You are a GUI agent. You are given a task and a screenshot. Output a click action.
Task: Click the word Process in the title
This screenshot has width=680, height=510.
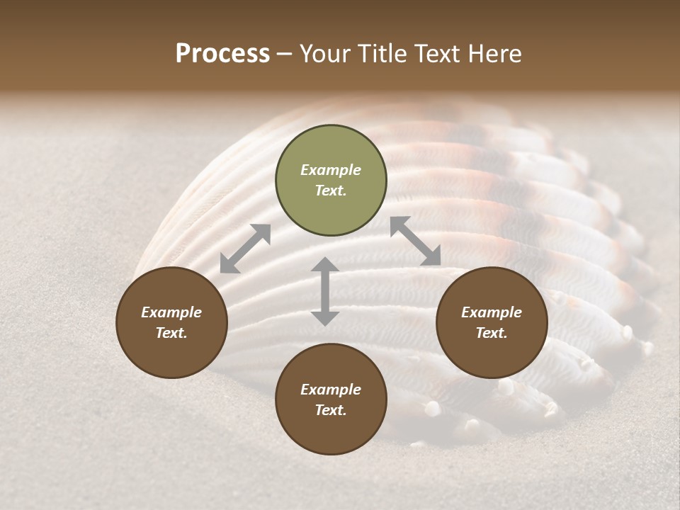(x=222, y=54)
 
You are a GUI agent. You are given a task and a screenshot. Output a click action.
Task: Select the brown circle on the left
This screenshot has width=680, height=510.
(x=171, y=322)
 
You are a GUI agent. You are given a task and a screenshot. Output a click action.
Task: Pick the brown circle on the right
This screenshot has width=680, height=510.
(x=492, y=322)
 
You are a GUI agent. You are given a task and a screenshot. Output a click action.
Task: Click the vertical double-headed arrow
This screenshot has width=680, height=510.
(x=325, y=291)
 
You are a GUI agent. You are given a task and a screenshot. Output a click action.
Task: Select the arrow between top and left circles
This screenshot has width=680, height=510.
(x=245, y=249)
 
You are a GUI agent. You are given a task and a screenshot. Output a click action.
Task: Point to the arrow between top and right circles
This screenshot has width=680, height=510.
(x=416, y=241)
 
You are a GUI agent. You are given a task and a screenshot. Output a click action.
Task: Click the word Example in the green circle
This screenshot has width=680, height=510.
(x=331, y=170)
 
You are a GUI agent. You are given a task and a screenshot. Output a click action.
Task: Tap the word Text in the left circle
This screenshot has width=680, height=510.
(x=171, y=334)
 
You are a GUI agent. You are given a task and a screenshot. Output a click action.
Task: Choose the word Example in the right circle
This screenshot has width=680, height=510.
(x=492, y=312)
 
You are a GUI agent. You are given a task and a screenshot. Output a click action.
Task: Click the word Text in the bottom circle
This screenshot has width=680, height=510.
(x=331, y=411)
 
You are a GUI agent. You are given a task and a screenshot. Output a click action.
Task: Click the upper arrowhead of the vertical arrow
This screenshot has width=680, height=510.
(x=325, y=265)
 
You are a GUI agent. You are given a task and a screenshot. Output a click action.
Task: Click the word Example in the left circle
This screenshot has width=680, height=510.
(x=171, y=312)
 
